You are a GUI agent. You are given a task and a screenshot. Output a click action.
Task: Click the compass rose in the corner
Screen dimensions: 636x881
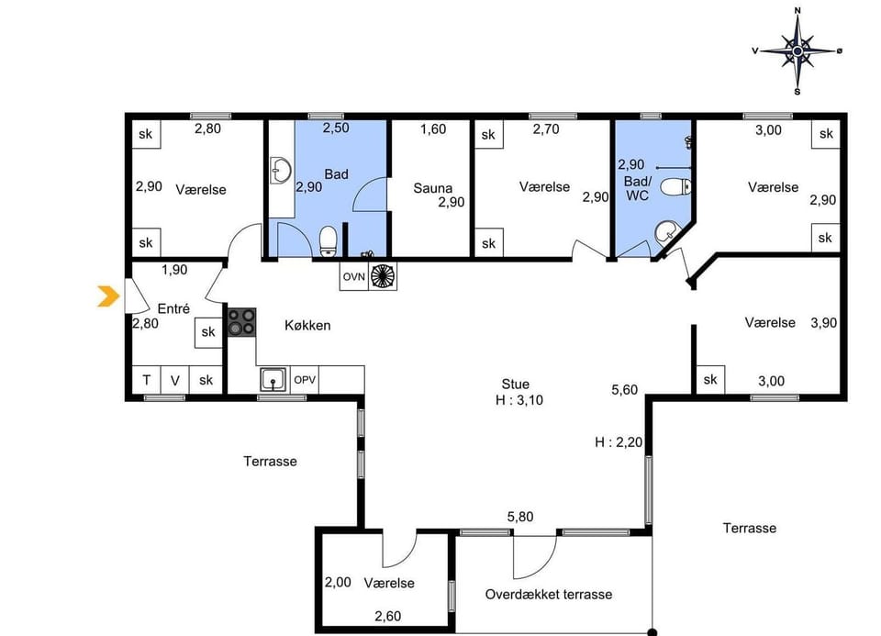pyautogui.click(x=797, y=51)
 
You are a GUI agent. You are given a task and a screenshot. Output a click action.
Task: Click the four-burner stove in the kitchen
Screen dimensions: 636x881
pyautogui.click(x=242, y=322)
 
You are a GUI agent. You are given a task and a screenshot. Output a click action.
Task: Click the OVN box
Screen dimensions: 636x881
pyautogui.click(x=354, y=276)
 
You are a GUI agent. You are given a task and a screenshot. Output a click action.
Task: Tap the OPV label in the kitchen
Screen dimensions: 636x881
pyautogui.click(x=305, y=379)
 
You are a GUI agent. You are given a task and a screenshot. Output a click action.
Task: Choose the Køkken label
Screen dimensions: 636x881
pyautogui.click(x=307, y=325)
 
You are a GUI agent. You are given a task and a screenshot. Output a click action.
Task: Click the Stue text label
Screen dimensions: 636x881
pyautogui.click(x=515, y=384)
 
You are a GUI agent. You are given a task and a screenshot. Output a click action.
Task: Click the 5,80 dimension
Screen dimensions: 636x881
pyautogui.click(x=520, y=517)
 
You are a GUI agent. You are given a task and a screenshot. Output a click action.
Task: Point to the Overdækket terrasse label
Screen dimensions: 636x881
pyautogui.click(x=548, y=594)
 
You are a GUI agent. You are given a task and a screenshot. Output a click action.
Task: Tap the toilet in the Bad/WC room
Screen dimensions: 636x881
pyautogui.click(x=677, y=188)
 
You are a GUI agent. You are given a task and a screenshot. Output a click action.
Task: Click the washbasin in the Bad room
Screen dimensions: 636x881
pyautogui.click(x=281, y=170)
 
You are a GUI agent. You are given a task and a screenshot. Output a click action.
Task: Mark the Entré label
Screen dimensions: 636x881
pyautogui.click(x=173, y=308)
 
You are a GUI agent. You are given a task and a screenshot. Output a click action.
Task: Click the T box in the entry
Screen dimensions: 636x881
pyautogui.click(x=146, y=380)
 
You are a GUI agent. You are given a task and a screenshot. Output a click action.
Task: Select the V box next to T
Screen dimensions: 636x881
pyautogui.click(x=175, y=380)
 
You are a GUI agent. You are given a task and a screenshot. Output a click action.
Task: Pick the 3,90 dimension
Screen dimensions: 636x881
pyautogui.click(x=824, y=322)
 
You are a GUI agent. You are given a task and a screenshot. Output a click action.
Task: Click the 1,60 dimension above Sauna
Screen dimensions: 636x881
pyautogui.click(x=433, y=128)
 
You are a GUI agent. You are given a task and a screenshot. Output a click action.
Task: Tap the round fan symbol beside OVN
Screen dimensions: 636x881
pyautogui.click(x=382, y=276)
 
